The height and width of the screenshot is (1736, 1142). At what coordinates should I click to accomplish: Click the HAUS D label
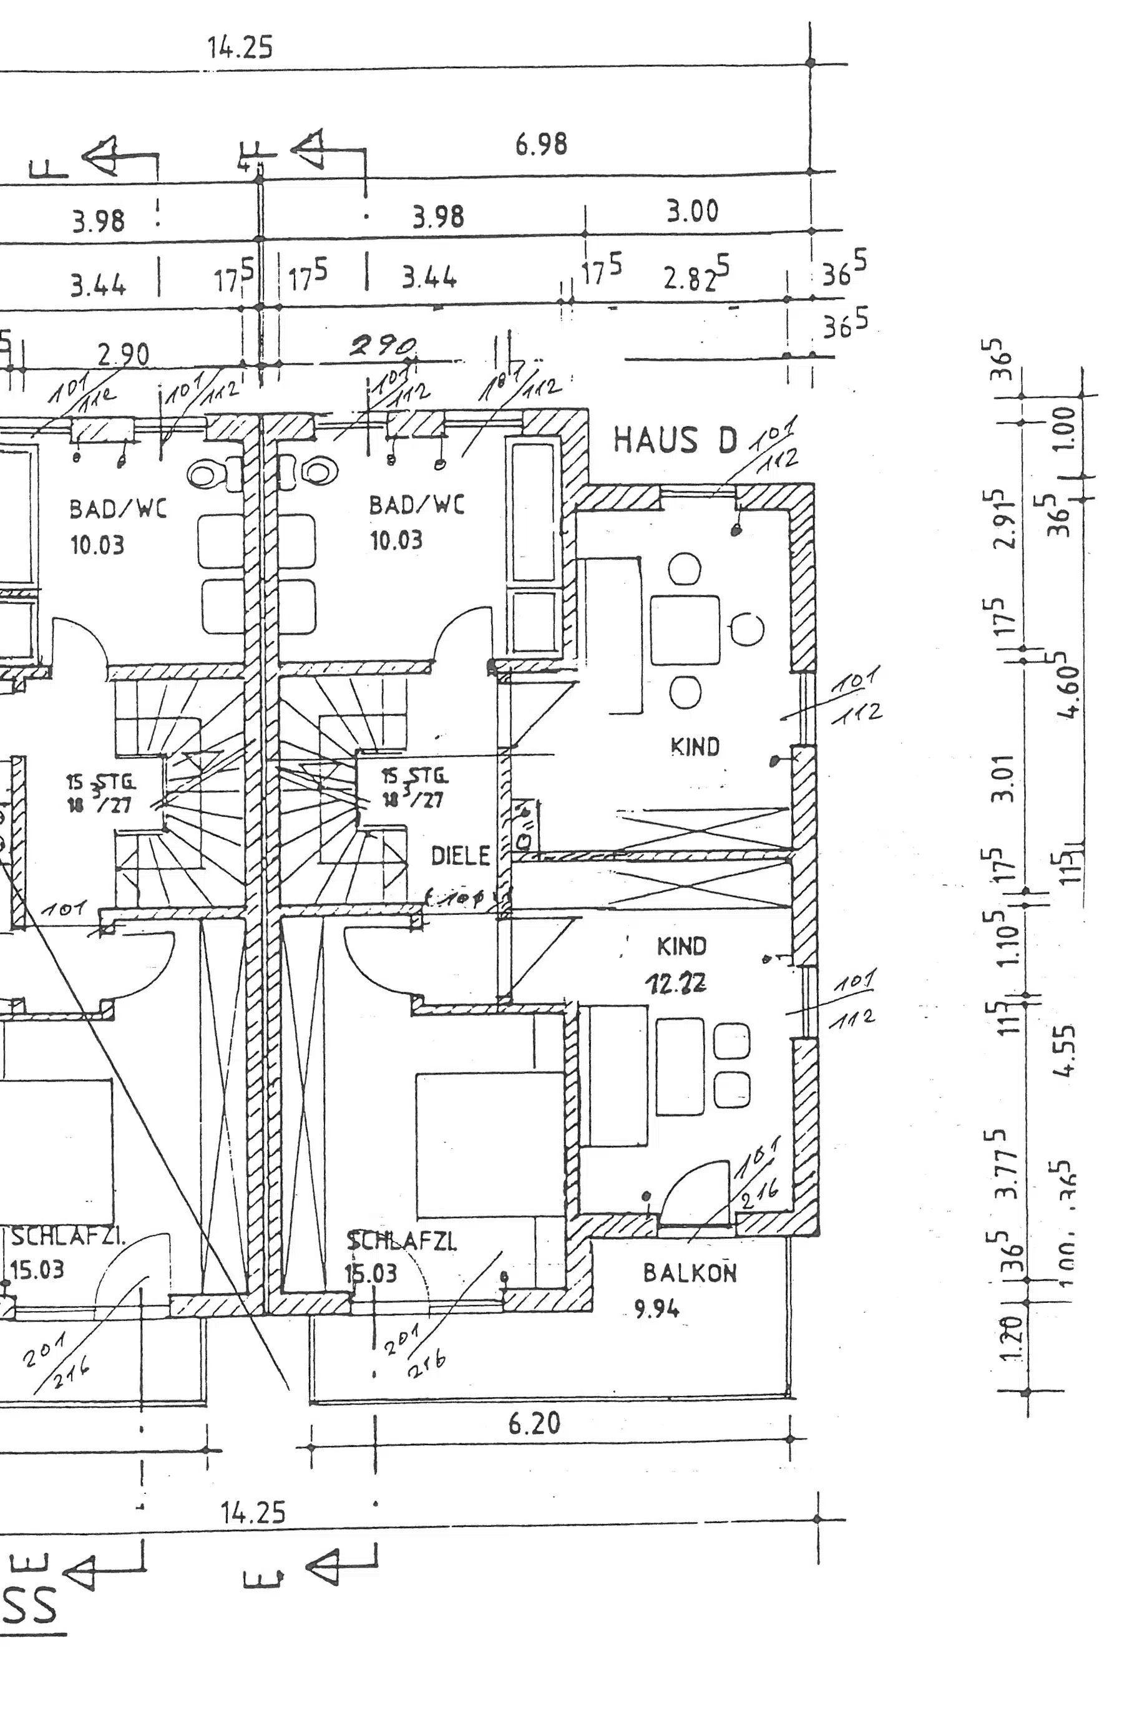(675, 441)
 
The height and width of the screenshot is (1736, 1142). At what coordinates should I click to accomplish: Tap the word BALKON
(689, 1273)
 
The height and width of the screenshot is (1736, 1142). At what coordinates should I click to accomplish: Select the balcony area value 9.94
(656, 1309)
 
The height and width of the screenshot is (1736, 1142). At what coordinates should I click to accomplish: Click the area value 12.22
(675, 984)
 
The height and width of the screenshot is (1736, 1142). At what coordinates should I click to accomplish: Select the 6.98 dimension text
(541, 144)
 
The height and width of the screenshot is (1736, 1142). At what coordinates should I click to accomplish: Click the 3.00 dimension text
(692, 212)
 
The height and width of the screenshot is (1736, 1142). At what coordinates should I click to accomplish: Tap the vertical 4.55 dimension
(1065, 1051)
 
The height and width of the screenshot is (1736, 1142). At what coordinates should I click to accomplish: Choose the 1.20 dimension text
(1012, 1339)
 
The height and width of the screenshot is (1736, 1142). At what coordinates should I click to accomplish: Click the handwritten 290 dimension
(384, 346)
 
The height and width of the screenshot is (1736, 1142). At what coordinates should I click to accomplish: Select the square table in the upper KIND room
(685, 630)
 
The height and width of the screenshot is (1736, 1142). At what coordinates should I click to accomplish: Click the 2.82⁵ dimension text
(696, 276)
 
